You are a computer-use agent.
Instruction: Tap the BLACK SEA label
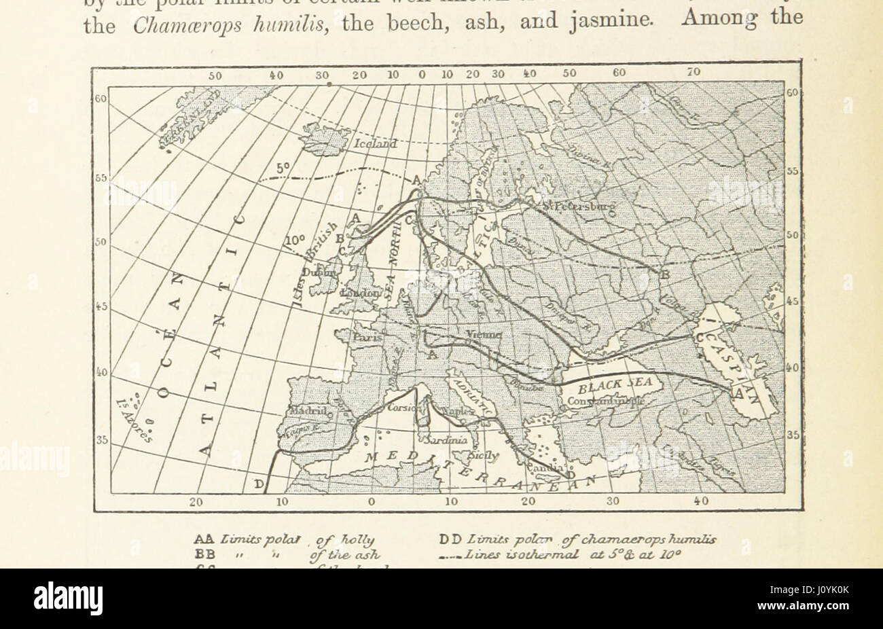coord(615,385)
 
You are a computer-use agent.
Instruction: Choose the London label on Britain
coord(362,292)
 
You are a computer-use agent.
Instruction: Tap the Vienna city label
coord(484,335)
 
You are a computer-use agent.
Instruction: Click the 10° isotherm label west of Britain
coord(295,240)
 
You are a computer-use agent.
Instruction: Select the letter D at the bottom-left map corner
coord(258,484)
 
